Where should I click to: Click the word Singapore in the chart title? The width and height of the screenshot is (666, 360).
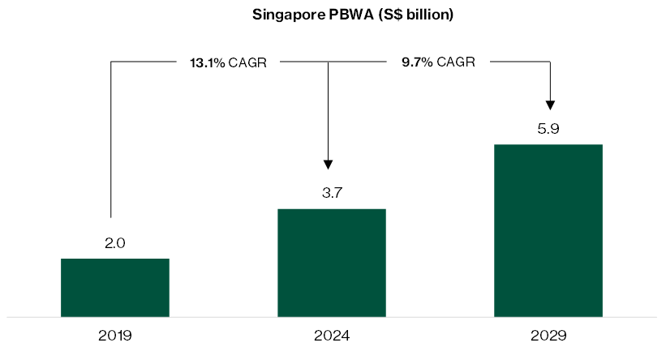click(281, 15)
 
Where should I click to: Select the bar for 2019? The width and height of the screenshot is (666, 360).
click(115, 287)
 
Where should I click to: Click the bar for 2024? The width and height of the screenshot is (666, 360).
click(331, 263)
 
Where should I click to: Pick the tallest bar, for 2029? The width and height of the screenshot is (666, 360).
click(548, 230)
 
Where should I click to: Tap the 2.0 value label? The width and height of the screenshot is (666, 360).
click(115, 242)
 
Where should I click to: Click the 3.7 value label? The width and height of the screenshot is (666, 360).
click(331, 193)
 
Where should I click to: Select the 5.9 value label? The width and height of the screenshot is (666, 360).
click(548, 128)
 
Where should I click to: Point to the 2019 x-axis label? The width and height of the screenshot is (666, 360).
click(115, 335)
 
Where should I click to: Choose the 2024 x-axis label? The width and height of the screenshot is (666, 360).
click(331, 335)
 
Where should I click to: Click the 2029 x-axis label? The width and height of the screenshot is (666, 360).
click(548, 335)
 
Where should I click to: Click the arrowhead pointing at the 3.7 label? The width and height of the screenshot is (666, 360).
click(328, 163)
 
